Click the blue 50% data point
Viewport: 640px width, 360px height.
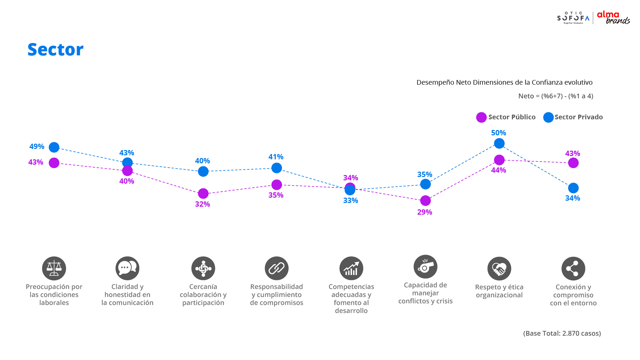click(499, 143)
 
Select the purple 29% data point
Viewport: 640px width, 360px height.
click(425, 201)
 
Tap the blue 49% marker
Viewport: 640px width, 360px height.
click(54, 147)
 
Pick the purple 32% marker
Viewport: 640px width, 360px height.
click(203, 193)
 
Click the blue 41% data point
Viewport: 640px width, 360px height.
click(276, 168)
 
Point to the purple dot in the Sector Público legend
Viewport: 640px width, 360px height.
click(481, 117)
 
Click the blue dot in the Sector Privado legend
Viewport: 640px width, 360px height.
click(548, 117)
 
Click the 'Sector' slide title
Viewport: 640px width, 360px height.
click(55, 50)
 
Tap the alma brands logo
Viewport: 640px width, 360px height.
click(613, 18)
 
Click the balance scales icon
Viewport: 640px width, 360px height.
click(54, 268)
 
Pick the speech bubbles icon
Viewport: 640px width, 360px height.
click(127, 268)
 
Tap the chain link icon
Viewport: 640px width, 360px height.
click(277, 268)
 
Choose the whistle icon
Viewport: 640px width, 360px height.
click(425, 267)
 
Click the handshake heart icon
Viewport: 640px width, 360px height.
click(499, 269)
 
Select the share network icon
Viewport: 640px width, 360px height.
click(573, 269)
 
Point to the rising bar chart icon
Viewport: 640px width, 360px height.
click(351, 268)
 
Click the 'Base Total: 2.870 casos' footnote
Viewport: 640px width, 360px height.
click(562, 333)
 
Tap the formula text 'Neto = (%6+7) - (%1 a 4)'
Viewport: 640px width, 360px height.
click(556, 96)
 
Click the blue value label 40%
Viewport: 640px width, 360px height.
click(202, 161)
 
